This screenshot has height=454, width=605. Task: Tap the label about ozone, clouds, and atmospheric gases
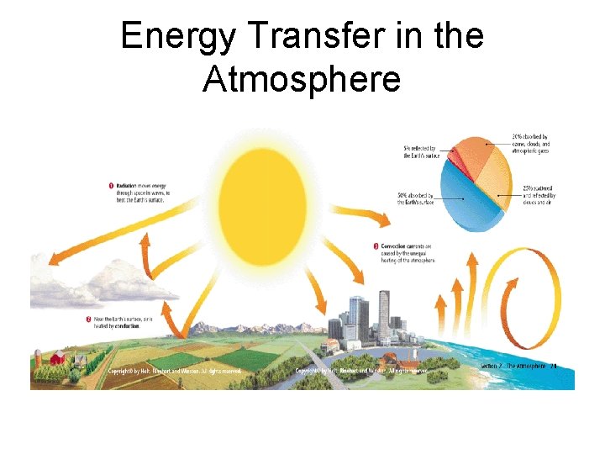530,145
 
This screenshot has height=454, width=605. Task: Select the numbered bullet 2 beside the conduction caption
89,319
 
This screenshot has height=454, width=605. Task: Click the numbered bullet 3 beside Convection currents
375,246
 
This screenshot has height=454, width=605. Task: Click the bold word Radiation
129,185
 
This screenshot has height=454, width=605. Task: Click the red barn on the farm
57,359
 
